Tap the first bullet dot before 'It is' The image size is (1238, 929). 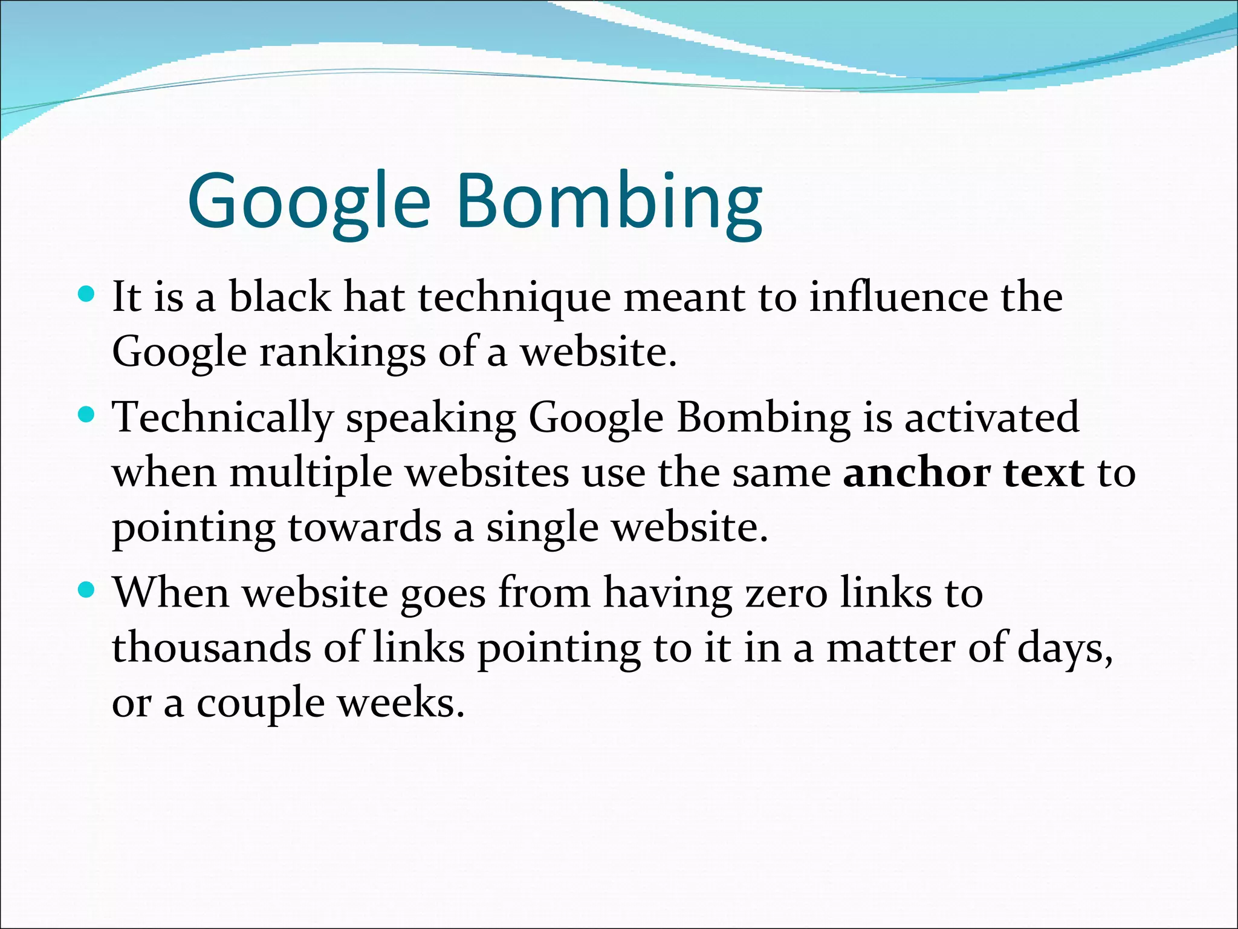[88, 295]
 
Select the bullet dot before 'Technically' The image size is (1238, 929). [88, 415]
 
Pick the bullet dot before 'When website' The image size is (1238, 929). [88, 590]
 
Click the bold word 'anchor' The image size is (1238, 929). [916, 473]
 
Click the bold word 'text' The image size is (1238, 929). [1044, 473]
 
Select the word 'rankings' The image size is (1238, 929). [342, 353]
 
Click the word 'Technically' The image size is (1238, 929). [223, 419]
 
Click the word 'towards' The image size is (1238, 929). [364, 527]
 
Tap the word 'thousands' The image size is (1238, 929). [211, 648]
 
